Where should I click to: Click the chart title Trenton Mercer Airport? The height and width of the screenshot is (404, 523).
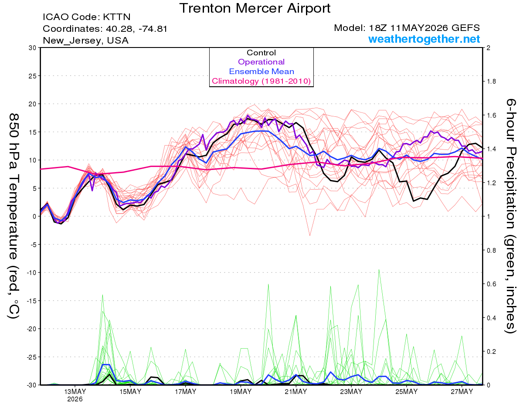[x=255, y=8]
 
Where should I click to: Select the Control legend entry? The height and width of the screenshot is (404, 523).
[x=261, y=53]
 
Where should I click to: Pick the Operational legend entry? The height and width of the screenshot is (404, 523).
[x=261, y=62]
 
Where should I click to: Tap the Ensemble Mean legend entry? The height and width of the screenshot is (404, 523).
[x=261, y=71]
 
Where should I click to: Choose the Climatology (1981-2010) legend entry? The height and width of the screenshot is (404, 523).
[x=261, y=81]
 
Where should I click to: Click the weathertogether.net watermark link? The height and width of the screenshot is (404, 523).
[x=424, y=39]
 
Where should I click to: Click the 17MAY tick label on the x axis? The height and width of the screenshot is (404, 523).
[x=185, y=392]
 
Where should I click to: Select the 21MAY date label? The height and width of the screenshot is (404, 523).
[x=296, y=392]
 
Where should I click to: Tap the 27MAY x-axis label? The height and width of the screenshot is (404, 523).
[x=462, y=392]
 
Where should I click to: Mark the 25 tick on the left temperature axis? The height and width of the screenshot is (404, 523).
[x=32, y=76]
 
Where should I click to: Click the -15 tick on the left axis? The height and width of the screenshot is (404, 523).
[x=31, y=301]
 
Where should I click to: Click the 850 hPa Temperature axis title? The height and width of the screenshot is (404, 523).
[x=14, y=216]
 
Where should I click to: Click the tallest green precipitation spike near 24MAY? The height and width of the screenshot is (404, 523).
[x=379, y=270]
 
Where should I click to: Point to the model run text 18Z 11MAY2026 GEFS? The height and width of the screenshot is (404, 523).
[x=424, y=28]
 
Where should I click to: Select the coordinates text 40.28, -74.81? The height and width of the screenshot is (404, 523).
[x=136, y=29]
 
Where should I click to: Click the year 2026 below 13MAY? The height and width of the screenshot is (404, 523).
[x=75, y=400]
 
